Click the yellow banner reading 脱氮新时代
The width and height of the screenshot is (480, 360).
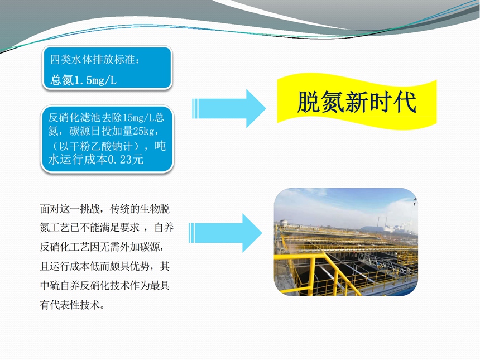(357, 102)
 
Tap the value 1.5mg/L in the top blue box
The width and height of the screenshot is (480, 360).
(95, 80)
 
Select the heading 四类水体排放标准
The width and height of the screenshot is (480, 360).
(92, 59)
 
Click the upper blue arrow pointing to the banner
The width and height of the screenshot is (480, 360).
(229, 108)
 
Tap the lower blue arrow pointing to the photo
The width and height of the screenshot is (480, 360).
(225, 233)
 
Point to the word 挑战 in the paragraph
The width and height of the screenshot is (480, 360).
(90, 209)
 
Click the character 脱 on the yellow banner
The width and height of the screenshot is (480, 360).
(308, 102)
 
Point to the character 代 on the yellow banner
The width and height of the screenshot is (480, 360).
(405, 102)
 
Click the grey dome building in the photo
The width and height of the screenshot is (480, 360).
(375, 229)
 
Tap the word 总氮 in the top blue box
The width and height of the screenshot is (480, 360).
(62, 80)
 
